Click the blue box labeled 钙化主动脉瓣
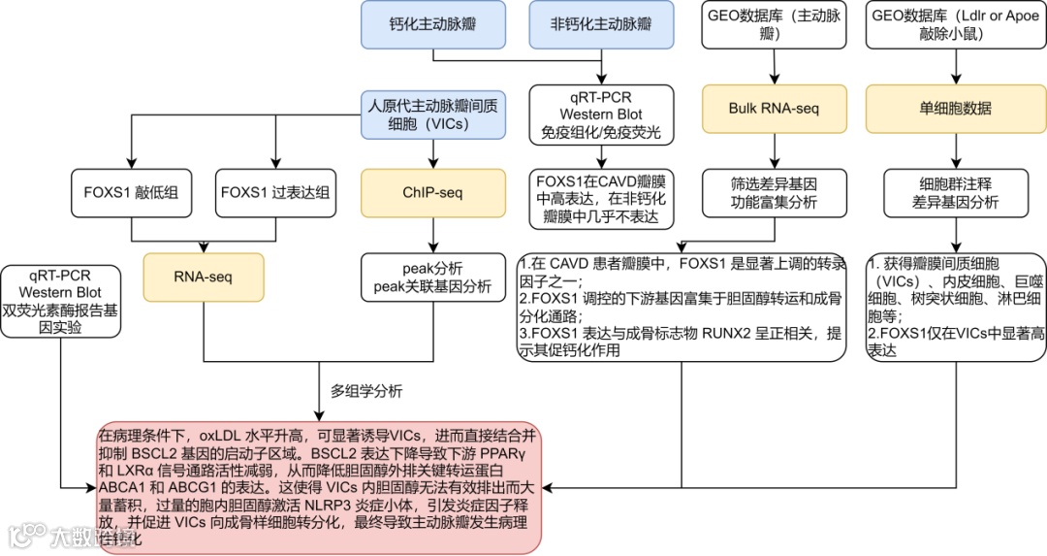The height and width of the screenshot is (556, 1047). coord(433,24)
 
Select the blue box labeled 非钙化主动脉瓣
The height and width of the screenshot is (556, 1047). coord(603,24)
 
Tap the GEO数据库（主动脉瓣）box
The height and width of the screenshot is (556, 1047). coord(774,24)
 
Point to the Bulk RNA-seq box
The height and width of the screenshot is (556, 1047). coord(774,109)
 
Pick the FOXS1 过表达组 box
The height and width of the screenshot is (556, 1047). coord(275,192)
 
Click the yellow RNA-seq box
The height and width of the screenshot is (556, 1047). coord(204,277)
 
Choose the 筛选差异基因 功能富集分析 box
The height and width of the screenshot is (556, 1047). coord(774,192)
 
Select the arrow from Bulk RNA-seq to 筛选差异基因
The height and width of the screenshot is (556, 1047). coord(774,149)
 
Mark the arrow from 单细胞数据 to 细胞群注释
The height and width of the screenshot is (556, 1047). coord(956,149)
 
